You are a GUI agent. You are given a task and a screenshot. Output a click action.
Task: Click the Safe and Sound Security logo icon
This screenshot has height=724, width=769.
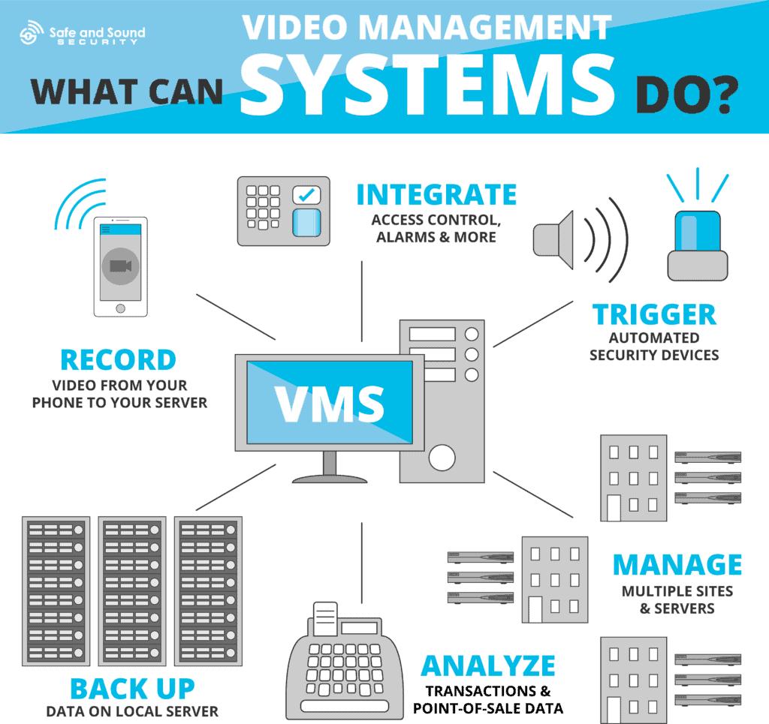tap(32, 33)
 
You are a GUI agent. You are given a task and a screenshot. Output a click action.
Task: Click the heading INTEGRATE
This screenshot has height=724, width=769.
tap(436, 194)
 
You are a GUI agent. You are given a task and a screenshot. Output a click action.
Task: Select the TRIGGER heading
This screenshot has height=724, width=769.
tap(654, 314)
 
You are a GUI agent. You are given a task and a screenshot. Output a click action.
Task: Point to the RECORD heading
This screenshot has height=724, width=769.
tap(118, 360)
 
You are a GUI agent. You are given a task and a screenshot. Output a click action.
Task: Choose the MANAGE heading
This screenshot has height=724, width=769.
tap(677, 564)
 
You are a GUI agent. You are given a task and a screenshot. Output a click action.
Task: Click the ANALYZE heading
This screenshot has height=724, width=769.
tap(487, 665)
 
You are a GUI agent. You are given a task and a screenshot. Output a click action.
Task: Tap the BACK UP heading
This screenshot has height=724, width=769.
tap(132, 688)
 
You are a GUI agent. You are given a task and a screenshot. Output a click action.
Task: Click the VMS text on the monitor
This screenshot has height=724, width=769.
tap(329, 403)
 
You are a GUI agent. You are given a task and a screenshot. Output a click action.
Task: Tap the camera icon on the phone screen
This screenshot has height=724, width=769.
tap(120, 266)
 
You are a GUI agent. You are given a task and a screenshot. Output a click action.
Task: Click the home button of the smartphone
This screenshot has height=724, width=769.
tap(120, 308)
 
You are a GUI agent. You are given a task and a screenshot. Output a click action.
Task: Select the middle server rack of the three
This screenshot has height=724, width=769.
tap(132, 591)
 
